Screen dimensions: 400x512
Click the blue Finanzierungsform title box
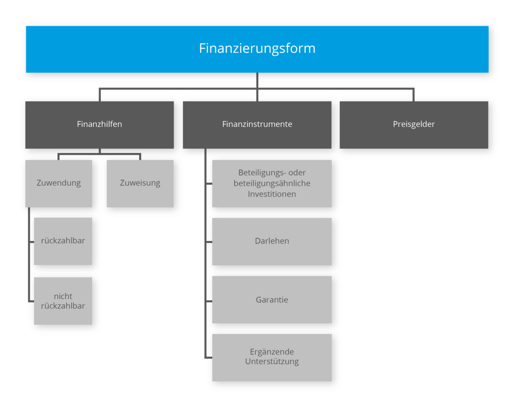coord(257,49)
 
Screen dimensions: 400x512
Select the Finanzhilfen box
coord(100,124)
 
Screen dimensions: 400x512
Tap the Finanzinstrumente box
coord(257,124)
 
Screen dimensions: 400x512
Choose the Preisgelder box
coord(414,124)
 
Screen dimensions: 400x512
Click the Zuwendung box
coord(59,183)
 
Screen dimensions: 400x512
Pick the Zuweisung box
coord(140,183)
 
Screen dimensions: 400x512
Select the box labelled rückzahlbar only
coord(63,241)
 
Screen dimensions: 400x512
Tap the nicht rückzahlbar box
coord(63,301)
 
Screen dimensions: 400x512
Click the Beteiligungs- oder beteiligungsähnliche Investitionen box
coord(272,183)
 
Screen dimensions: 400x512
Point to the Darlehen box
coord(272,241)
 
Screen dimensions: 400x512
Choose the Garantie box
coord(272,300)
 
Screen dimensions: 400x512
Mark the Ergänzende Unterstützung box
coord(272,357)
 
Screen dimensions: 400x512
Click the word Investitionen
coord(272,194)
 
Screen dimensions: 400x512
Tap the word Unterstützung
coord(272,362)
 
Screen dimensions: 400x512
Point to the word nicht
coord(63,296)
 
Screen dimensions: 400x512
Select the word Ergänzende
coord(272,352)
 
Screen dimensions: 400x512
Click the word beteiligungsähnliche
coord(272,183)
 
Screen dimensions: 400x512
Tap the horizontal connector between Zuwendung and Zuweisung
coord(100,154)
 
